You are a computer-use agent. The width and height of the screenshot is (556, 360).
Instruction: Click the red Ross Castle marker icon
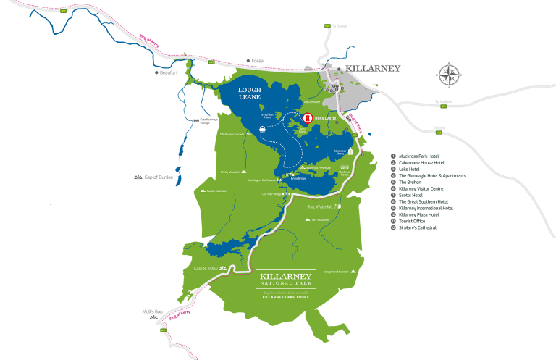coord(307,117)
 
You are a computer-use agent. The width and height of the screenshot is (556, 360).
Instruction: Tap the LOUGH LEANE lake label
coord(249,93)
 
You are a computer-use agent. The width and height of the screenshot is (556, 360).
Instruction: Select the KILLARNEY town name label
coord(373,68)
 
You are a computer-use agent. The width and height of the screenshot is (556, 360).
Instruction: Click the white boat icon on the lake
coord(263,130)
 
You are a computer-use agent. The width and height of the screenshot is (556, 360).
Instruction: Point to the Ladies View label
coord(206,268)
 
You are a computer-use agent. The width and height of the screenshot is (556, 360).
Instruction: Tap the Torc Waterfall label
coord(319,206)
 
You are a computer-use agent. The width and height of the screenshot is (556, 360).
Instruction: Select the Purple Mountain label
coord(216,191)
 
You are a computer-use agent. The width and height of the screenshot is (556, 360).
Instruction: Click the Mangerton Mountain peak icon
coord(355,273)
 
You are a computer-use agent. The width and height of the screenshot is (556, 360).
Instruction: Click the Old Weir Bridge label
coord(271,193)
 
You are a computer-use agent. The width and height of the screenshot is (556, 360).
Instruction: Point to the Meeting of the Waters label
coord(261,180)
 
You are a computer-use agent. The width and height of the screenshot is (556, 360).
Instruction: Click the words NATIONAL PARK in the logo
coord(287,285)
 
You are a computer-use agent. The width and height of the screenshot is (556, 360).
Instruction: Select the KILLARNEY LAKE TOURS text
coord(287,297)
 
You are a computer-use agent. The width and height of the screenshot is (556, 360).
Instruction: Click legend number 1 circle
coord(393,156)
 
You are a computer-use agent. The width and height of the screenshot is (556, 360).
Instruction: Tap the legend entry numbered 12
coord(420,227)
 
